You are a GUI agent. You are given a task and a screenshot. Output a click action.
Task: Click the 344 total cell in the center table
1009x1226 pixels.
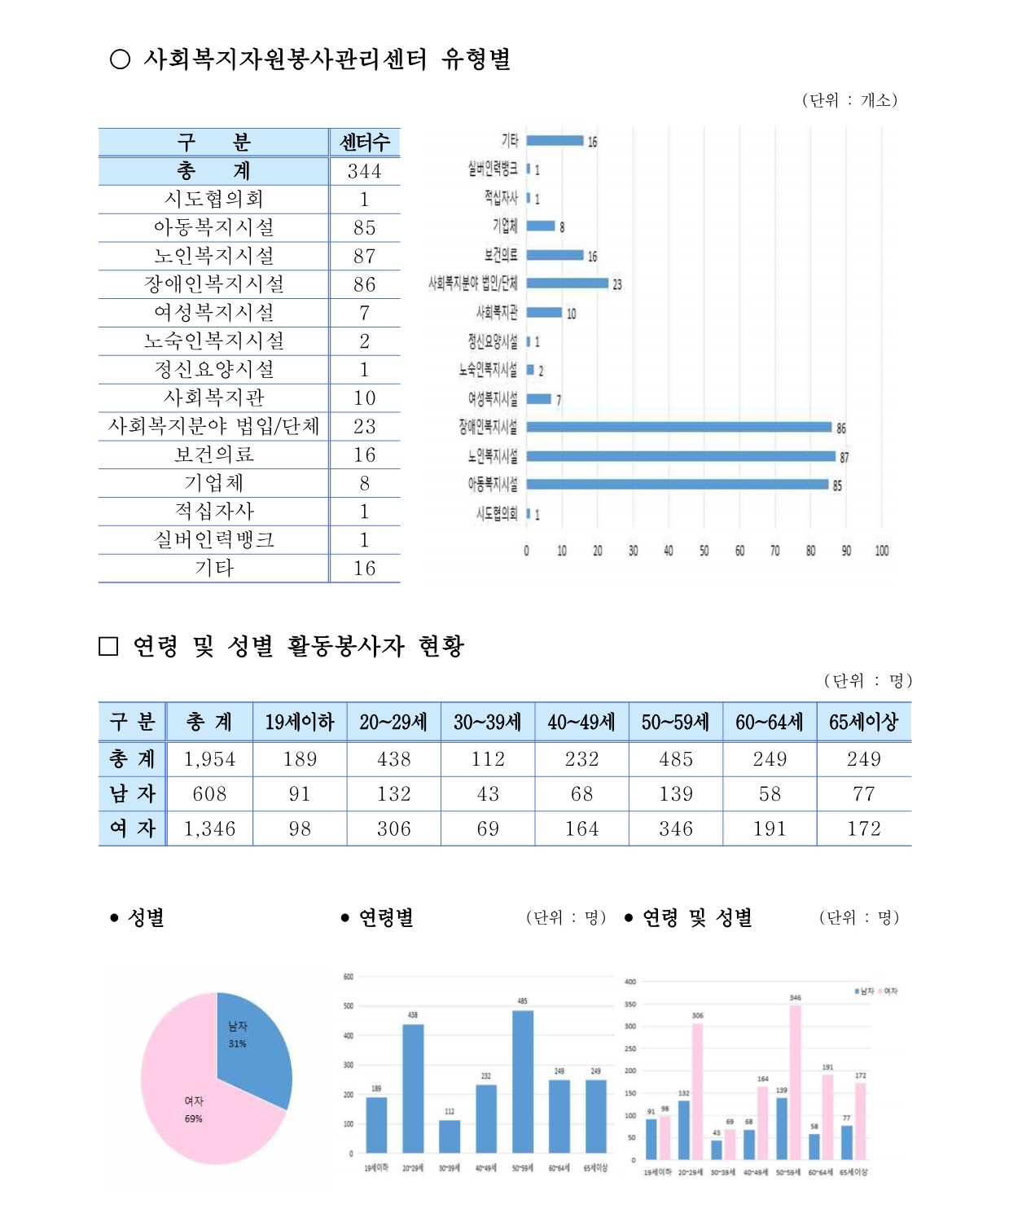click(364, 171)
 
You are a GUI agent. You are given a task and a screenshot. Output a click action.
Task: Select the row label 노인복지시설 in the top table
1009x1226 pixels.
click(214, 256)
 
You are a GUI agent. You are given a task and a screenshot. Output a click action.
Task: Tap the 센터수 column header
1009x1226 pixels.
click(364, 143)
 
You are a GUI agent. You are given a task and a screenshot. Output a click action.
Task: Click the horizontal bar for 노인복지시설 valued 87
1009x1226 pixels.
click(680, 456)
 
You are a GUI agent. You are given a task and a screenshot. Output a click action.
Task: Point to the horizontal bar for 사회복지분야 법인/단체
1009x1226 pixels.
click(567, 283)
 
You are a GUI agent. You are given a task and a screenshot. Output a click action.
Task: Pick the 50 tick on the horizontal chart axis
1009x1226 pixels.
click(704, 551)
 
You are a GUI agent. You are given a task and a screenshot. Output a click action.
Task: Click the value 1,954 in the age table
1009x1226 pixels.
click(209, 759)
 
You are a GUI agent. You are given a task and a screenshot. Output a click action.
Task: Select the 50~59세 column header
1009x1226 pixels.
click(675, 722)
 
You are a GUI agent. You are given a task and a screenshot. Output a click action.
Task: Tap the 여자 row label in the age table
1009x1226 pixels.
click(132, 828)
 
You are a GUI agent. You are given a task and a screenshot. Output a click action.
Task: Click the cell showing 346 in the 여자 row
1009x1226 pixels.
click(675, 828)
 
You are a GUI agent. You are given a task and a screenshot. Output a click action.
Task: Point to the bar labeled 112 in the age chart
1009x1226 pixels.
click(450, 1136)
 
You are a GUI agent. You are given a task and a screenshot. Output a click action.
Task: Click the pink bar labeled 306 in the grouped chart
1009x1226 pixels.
click(698, 1091)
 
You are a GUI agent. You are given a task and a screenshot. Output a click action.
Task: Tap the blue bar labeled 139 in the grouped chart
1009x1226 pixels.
click(782, 1128)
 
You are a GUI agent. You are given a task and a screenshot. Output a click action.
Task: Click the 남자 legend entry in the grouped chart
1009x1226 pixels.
click(864, 991)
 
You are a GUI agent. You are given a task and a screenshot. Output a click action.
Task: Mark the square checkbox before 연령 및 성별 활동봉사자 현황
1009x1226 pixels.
click(108, 646)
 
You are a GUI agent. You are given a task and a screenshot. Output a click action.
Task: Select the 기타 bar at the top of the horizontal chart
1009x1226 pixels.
click(555, 141)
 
